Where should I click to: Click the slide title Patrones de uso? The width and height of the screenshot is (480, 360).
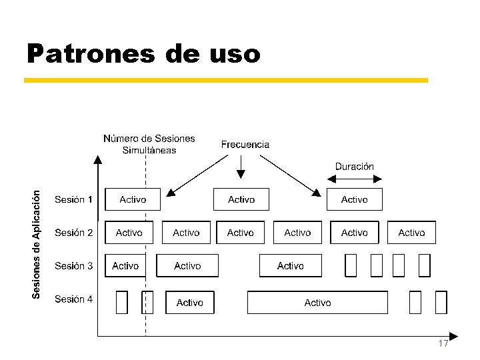(x=143, y=53)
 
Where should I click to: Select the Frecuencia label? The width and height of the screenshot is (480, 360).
(x=245, y=144)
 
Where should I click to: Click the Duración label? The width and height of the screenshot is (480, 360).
(x=354, y=166)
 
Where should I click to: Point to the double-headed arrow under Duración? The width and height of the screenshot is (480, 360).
(x=354, y=178)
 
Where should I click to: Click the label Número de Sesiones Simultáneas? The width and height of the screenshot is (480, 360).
(x=149, y=144)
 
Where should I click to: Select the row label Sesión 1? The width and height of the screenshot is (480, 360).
(x=73, y=199)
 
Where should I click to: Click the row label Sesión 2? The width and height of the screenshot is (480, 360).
(x=73, y=233)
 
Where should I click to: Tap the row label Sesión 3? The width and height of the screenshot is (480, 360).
(x=73, y=266)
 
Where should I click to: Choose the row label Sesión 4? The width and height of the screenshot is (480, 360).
(x=73, y=299)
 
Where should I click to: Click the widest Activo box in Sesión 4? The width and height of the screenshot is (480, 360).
(x=317, y=303)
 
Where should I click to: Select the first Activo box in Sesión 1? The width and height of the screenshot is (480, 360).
(x=133, y=199)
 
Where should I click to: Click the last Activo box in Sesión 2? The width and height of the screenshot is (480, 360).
(x=411, y=233)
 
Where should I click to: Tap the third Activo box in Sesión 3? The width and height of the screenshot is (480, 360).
(x=291, y=266)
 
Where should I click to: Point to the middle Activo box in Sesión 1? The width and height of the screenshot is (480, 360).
(x=241, y=199)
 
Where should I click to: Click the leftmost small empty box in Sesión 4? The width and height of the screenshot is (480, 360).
(x=121, y=302)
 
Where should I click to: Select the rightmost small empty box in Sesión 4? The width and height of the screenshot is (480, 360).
(x=441, y=302)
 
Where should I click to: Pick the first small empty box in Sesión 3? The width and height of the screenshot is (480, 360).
(x=351, y=265)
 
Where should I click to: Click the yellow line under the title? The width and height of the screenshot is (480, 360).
(x=225, y=80)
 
